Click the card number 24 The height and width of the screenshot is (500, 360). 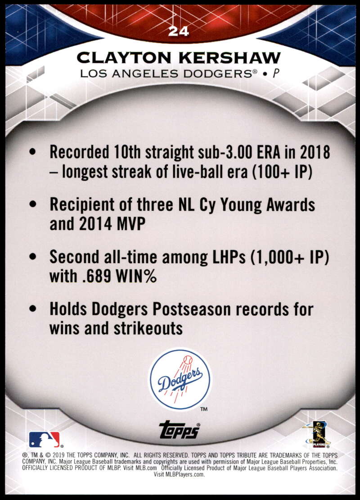point(179,31)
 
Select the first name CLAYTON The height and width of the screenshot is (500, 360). point(124,58)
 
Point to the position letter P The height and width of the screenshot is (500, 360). point(276,74)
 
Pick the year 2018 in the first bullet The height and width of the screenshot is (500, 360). point(315,152)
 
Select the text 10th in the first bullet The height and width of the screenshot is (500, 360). point(127,152)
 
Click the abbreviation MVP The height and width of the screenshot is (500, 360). point(131,223)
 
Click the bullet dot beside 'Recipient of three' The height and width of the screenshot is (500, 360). point(32,204)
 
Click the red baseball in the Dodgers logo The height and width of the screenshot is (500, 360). point(188,360)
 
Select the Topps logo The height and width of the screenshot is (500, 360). point(180,430)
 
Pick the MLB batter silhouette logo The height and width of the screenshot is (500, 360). point(45,439)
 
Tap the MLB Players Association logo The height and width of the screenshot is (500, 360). point(317,434)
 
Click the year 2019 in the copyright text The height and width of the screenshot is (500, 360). point(58,455)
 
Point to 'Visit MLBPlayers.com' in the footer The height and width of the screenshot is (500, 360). point(179,474)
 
